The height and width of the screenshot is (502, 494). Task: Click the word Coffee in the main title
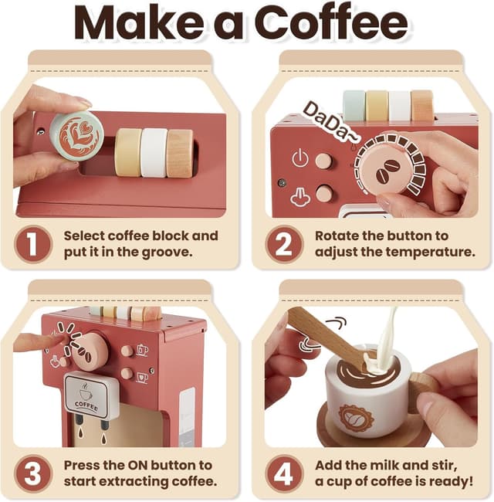pyautogui.click(x=332, y=23)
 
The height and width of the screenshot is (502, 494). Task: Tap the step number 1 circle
pyautogui.click(x=33, y=244)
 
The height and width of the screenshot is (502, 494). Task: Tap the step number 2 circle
pyautogui.click(x=284, y=244)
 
